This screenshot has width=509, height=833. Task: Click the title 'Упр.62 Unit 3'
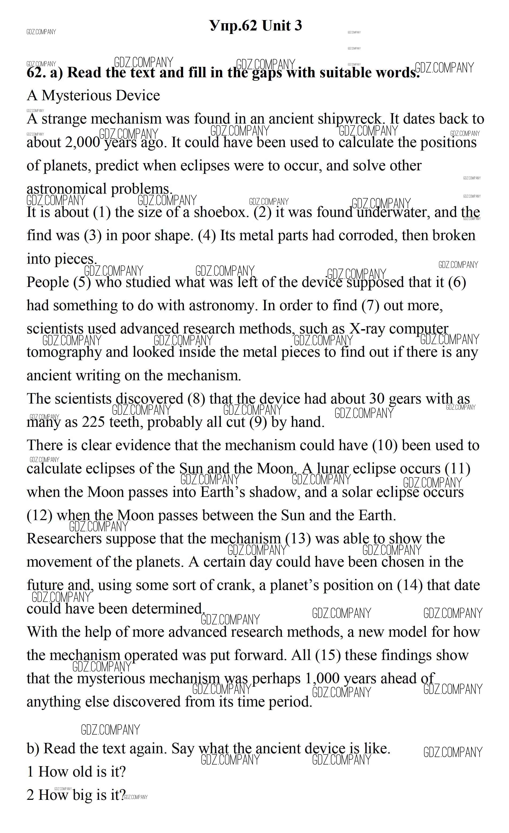[x=255, y=26]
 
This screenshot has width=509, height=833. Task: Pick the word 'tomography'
[x=64, y=352]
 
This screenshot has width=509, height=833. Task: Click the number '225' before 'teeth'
[x=93, y=422]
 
